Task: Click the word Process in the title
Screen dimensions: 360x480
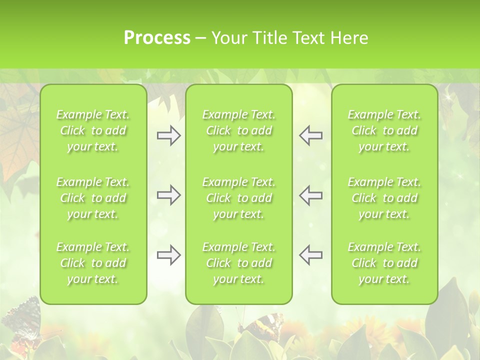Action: (157, 38)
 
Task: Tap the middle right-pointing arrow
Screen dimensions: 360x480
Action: (168, 195)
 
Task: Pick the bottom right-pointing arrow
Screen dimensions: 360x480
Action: (168, 255)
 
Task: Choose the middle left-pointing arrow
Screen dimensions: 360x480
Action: (310, 195)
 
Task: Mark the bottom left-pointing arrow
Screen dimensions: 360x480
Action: (310, 255)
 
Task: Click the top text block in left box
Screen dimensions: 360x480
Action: (93, 131)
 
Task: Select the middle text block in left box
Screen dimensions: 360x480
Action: (93, 198)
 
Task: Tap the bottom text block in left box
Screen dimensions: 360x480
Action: (93, 263)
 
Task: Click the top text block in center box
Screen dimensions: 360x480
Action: (238, 131)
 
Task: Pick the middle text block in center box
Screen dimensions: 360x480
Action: (238, 198)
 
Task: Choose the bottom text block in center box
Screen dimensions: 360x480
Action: (238, 263)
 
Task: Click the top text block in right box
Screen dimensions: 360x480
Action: (384, 131)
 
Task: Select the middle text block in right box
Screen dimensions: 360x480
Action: (384, 198)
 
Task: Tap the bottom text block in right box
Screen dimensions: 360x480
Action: (384, 263)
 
